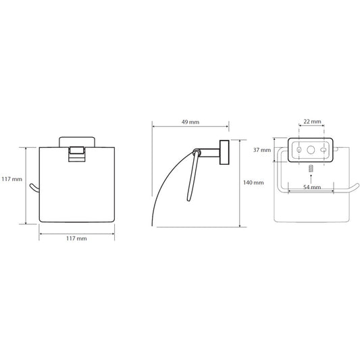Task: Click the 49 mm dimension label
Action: (x=190, y=122)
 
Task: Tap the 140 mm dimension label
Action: (x=253, y=182)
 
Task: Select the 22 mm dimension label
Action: (x=312, y=122)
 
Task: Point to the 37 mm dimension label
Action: (x=262, y=150)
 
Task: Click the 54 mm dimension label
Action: (x=312, y=187)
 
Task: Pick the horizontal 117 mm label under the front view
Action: (x=76, y=238)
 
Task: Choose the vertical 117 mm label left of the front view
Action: (x=12, y=179)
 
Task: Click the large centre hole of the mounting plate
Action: (x=311, y=150)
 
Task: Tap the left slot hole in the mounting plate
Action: (x=299, y=150)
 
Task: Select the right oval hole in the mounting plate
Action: (x=324, y=150)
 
